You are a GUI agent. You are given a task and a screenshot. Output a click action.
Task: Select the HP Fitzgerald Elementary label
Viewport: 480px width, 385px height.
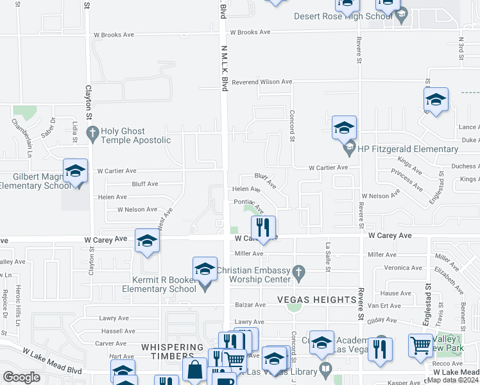coord(408,149)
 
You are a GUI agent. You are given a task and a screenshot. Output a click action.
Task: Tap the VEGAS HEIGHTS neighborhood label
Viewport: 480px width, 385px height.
coord(316,300)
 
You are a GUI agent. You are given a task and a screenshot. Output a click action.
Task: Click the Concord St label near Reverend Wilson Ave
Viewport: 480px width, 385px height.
coord(291,126)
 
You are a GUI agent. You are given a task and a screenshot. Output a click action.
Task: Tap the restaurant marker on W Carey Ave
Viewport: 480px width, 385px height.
coord(263,227)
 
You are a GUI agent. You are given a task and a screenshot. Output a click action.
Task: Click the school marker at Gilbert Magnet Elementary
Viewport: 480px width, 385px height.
coord(75,171)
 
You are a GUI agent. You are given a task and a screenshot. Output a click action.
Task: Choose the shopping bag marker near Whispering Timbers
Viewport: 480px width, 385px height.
coord(194,369)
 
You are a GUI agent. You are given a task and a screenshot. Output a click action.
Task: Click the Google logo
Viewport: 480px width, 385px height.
coord(21,377)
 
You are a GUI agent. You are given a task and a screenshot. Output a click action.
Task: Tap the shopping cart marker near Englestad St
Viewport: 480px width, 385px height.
coord(420,345)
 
